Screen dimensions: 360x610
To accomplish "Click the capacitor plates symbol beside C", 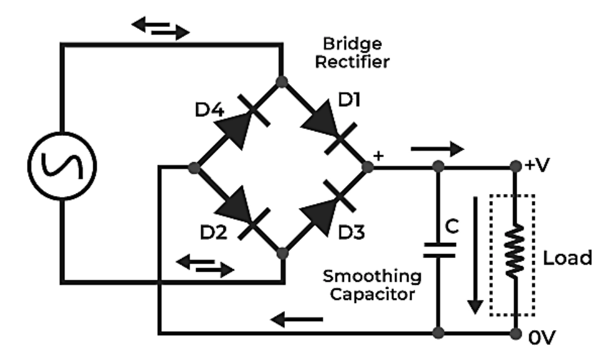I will point(439,250).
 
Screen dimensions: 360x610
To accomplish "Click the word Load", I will point(568,257).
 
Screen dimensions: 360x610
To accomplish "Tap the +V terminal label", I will point(538,166).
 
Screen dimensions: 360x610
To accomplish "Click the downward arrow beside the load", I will point(477,254).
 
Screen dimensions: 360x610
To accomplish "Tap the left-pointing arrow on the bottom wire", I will point(297,321).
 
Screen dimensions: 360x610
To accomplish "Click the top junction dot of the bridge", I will point(282,81).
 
